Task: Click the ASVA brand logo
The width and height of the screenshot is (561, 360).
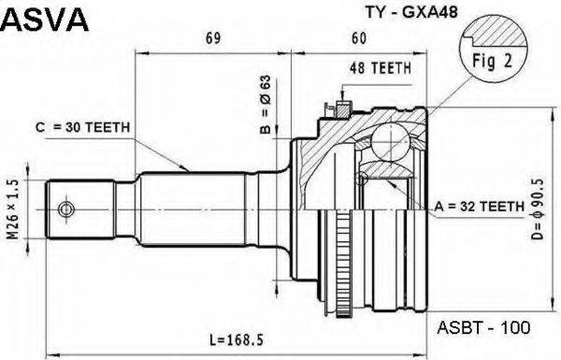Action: (x=45, y=19)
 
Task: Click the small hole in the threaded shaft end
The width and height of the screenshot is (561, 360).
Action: (x=66, y=207)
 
